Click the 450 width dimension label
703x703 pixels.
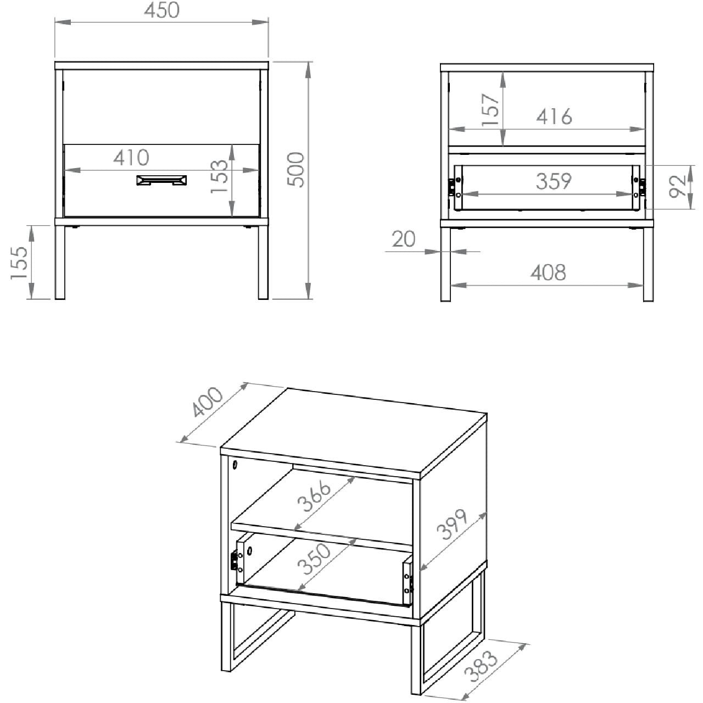(x=161, y=10)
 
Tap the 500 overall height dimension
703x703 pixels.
(x=295, y=170)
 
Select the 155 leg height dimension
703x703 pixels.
(x=19, y=263)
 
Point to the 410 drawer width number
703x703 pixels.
(x=131, y=158)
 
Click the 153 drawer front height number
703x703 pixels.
(x=220, y=176)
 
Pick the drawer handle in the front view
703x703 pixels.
(x=161, y=180)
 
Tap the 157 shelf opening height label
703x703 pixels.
(x=490, y=110)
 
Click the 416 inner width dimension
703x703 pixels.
(x=554, y=117)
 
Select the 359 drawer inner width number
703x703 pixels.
(x=554, y=181)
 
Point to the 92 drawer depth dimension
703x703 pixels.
(x=678, y=186)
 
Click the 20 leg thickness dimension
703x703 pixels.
(x=404, y=239)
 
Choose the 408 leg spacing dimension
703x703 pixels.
(x=548, y=272)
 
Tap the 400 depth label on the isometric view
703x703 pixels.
(x=207, y=401)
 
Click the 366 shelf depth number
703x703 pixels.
(x=314, y=496)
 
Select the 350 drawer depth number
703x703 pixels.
(x=314, y=559)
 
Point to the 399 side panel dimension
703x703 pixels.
(x=451, y=525)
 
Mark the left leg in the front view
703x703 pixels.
(x=60, y=263)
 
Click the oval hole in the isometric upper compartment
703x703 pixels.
(x=235, y=465)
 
